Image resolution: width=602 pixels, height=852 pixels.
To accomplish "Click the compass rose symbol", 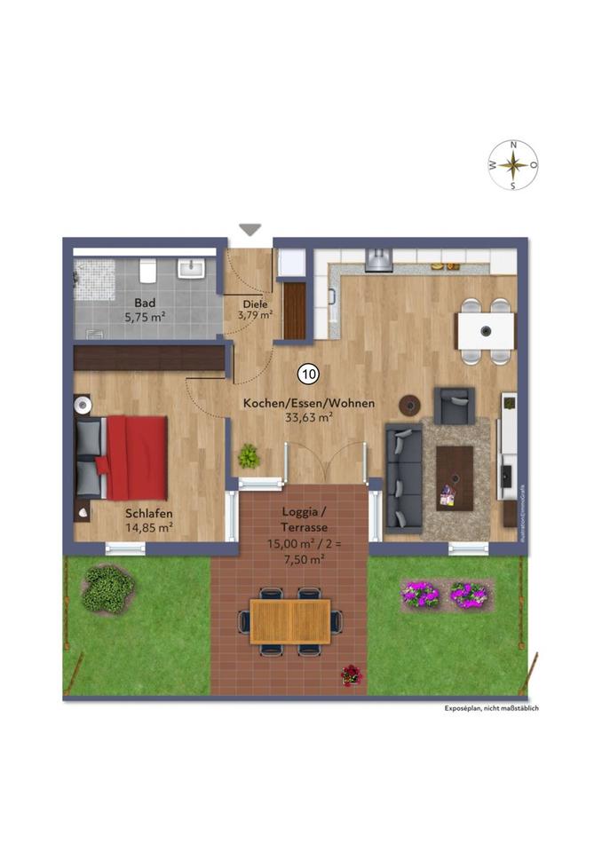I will (x=512, y=165).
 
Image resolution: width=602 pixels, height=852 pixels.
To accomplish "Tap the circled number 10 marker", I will (x=308, y=375).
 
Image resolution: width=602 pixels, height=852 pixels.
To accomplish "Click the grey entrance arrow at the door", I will (x=250, y=230).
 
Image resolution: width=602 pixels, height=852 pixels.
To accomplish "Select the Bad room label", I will (x=145, y=301).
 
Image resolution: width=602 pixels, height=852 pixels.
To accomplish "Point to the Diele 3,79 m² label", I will (x=254, y=308).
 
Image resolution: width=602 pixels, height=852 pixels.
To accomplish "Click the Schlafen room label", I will (x=148, y=513).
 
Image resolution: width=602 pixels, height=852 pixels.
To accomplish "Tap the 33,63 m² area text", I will (x=307, y=417).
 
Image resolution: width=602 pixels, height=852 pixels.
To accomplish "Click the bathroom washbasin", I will (x=191, y=267).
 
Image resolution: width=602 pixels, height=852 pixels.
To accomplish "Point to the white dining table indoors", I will (x=486, y=331).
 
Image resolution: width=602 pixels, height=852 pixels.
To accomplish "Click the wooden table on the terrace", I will (x=289, y=621).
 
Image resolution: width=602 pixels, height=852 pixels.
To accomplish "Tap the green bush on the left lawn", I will (x=107, y=588).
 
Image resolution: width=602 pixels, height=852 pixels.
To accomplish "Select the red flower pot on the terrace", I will (x=352, y=675).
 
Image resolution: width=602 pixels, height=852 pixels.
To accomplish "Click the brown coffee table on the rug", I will (x=455, y=476).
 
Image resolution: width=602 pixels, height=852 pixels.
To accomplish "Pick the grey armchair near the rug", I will (x=455, y=406).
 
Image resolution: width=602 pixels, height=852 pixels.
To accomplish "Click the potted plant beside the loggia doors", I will (x=249, y=456).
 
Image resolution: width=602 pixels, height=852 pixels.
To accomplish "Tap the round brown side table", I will (x=410, y=405).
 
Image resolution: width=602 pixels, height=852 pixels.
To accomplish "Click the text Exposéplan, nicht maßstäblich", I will (x=492, y=708).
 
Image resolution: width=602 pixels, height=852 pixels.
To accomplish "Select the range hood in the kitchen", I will (x=379, y=258).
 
